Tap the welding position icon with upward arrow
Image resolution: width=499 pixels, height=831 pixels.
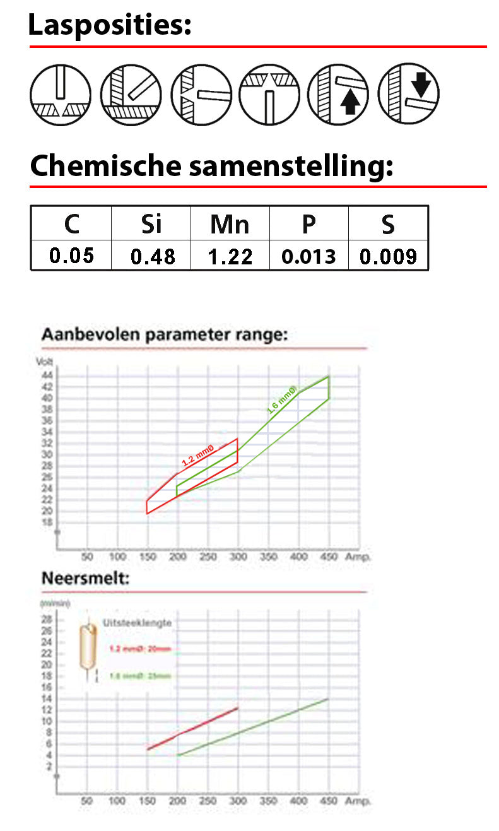pyautogui.click(x=338, y=94)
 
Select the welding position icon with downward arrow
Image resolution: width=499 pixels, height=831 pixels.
pyautogui.click(x=408, y=94)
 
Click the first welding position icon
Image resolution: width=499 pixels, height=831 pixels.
pyautogui.click(x=61, y=94)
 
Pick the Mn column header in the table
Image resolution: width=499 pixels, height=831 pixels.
pyautogui.click(x=230, y=224)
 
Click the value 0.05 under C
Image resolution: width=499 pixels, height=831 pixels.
pyautogui.click(x=71, y=256)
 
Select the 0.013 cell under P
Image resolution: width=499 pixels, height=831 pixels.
pyautogui.click(x=309, y=256)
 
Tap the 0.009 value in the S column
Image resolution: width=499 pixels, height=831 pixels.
pyautogui.click(x=388, y=256)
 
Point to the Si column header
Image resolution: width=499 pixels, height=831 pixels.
pyautogui.click(x=151, y=224)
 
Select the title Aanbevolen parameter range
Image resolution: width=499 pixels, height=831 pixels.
pyautogui.click(x=164, y=334)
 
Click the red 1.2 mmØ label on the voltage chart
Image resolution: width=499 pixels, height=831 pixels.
pyautogui.click(x=198, y=455)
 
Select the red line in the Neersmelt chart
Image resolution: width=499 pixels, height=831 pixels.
pyautogui.click(x=192, y=728)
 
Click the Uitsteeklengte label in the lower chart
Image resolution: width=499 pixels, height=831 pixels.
pyautogui.click(x=137, y=623)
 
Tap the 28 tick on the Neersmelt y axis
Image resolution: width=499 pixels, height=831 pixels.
pyautogui.click(x=47, y=618)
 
